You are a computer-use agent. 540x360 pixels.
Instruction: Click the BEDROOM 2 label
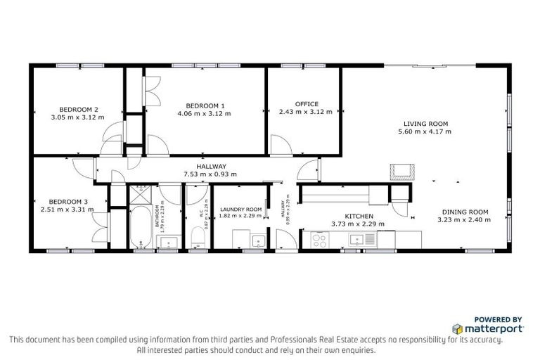(78, 109)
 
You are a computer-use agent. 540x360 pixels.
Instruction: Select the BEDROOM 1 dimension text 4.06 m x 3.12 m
(204, 113)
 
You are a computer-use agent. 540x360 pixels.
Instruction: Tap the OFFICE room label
(307, 104)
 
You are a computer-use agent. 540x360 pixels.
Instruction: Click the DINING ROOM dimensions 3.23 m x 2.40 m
(465, 219)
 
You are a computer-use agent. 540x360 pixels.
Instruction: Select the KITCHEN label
(359, 216)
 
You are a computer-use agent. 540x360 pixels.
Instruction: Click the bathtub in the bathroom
(141, 226)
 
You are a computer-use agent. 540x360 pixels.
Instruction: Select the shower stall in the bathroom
(141, 193)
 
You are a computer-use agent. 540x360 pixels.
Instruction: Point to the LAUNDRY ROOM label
(240, 210)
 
